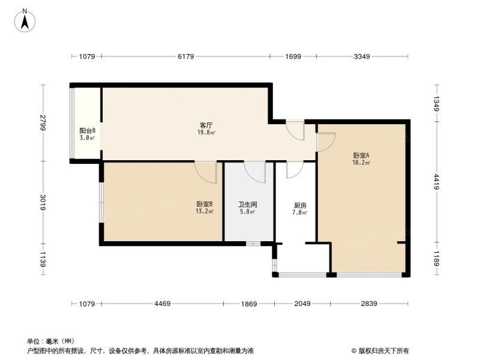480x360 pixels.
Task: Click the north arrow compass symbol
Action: pos(25,20)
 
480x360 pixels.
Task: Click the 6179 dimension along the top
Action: pos(186,56)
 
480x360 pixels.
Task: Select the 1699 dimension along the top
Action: pos(293,56)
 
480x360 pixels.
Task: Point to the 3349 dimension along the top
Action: pos(362,56)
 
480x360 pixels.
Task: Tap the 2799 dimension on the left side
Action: pos(43,123)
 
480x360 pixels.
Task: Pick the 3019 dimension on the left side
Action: pos(43,202)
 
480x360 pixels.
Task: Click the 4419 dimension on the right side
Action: pos(437,182)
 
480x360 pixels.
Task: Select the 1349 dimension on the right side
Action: pos(437,104)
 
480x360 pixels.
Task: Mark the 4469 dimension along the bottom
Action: pos(162,304)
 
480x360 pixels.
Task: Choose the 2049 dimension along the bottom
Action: pos(302,304)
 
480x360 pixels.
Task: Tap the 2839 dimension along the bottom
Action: pos(369,304)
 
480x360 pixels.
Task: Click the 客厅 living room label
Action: pos(206,125)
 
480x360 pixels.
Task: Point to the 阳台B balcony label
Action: pos(87,130)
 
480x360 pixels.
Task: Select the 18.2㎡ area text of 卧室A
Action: pos(361,163)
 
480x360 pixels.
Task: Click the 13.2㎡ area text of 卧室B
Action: pos(205,211)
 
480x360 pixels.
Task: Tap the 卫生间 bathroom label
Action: pos(247,204)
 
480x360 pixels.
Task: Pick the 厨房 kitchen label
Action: pos(300,205)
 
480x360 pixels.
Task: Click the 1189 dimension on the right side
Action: pos(437,259)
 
